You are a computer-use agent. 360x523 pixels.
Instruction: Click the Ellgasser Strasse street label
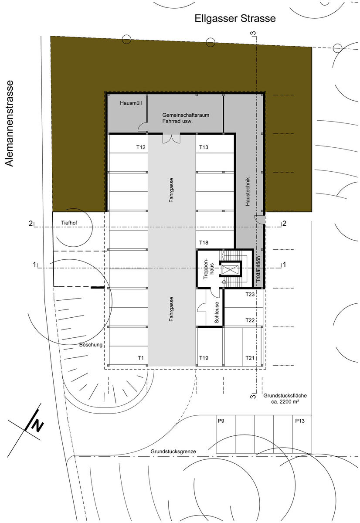click(235, 19)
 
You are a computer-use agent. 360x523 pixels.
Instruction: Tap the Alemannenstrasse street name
click(9, 123)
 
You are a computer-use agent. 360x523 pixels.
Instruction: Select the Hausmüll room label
click(131, 103)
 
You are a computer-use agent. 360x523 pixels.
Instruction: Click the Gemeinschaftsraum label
click(186, 115)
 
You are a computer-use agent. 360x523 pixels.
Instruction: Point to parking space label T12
click(141, 147)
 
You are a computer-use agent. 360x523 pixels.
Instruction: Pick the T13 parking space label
click(204, 147)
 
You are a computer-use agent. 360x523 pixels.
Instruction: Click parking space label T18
click(204, 243)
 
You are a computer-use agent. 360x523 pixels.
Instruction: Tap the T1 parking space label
click(140, 358)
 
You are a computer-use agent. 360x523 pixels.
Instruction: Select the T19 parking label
click(204, 358)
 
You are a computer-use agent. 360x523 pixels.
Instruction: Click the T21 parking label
click(250, 358)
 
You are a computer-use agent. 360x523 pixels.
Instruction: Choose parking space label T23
click(250, 294)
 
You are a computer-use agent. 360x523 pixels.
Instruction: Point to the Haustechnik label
click(248, 191)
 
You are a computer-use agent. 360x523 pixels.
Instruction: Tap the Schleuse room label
click(217, 312)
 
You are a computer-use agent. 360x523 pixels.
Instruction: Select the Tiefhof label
click(69, 223)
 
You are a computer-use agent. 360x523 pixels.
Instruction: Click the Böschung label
click(91, 345)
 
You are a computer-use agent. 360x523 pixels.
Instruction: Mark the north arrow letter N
click(37, 425)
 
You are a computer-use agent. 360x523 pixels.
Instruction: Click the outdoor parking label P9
click(221, 421)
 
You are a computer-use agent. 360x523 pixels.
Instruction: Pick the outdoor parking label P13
click(300, 421)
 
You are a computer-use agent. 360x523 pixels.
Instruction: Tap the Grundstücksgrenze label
click(173, 452)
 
